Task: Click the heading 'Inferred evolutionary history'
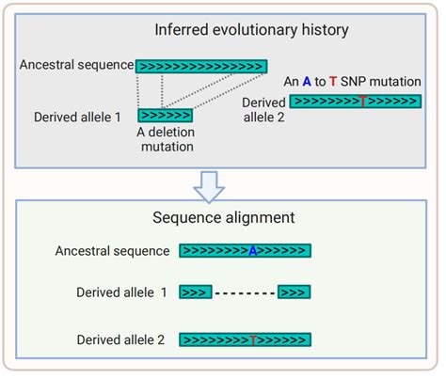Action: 251,29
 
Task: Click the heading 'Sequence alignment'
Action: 223,218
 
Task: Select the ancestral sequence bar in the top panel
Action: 200,67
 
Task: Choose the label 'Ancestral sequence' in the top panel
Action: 75,67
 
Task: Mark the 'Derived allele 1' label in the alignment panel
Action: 122,292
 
